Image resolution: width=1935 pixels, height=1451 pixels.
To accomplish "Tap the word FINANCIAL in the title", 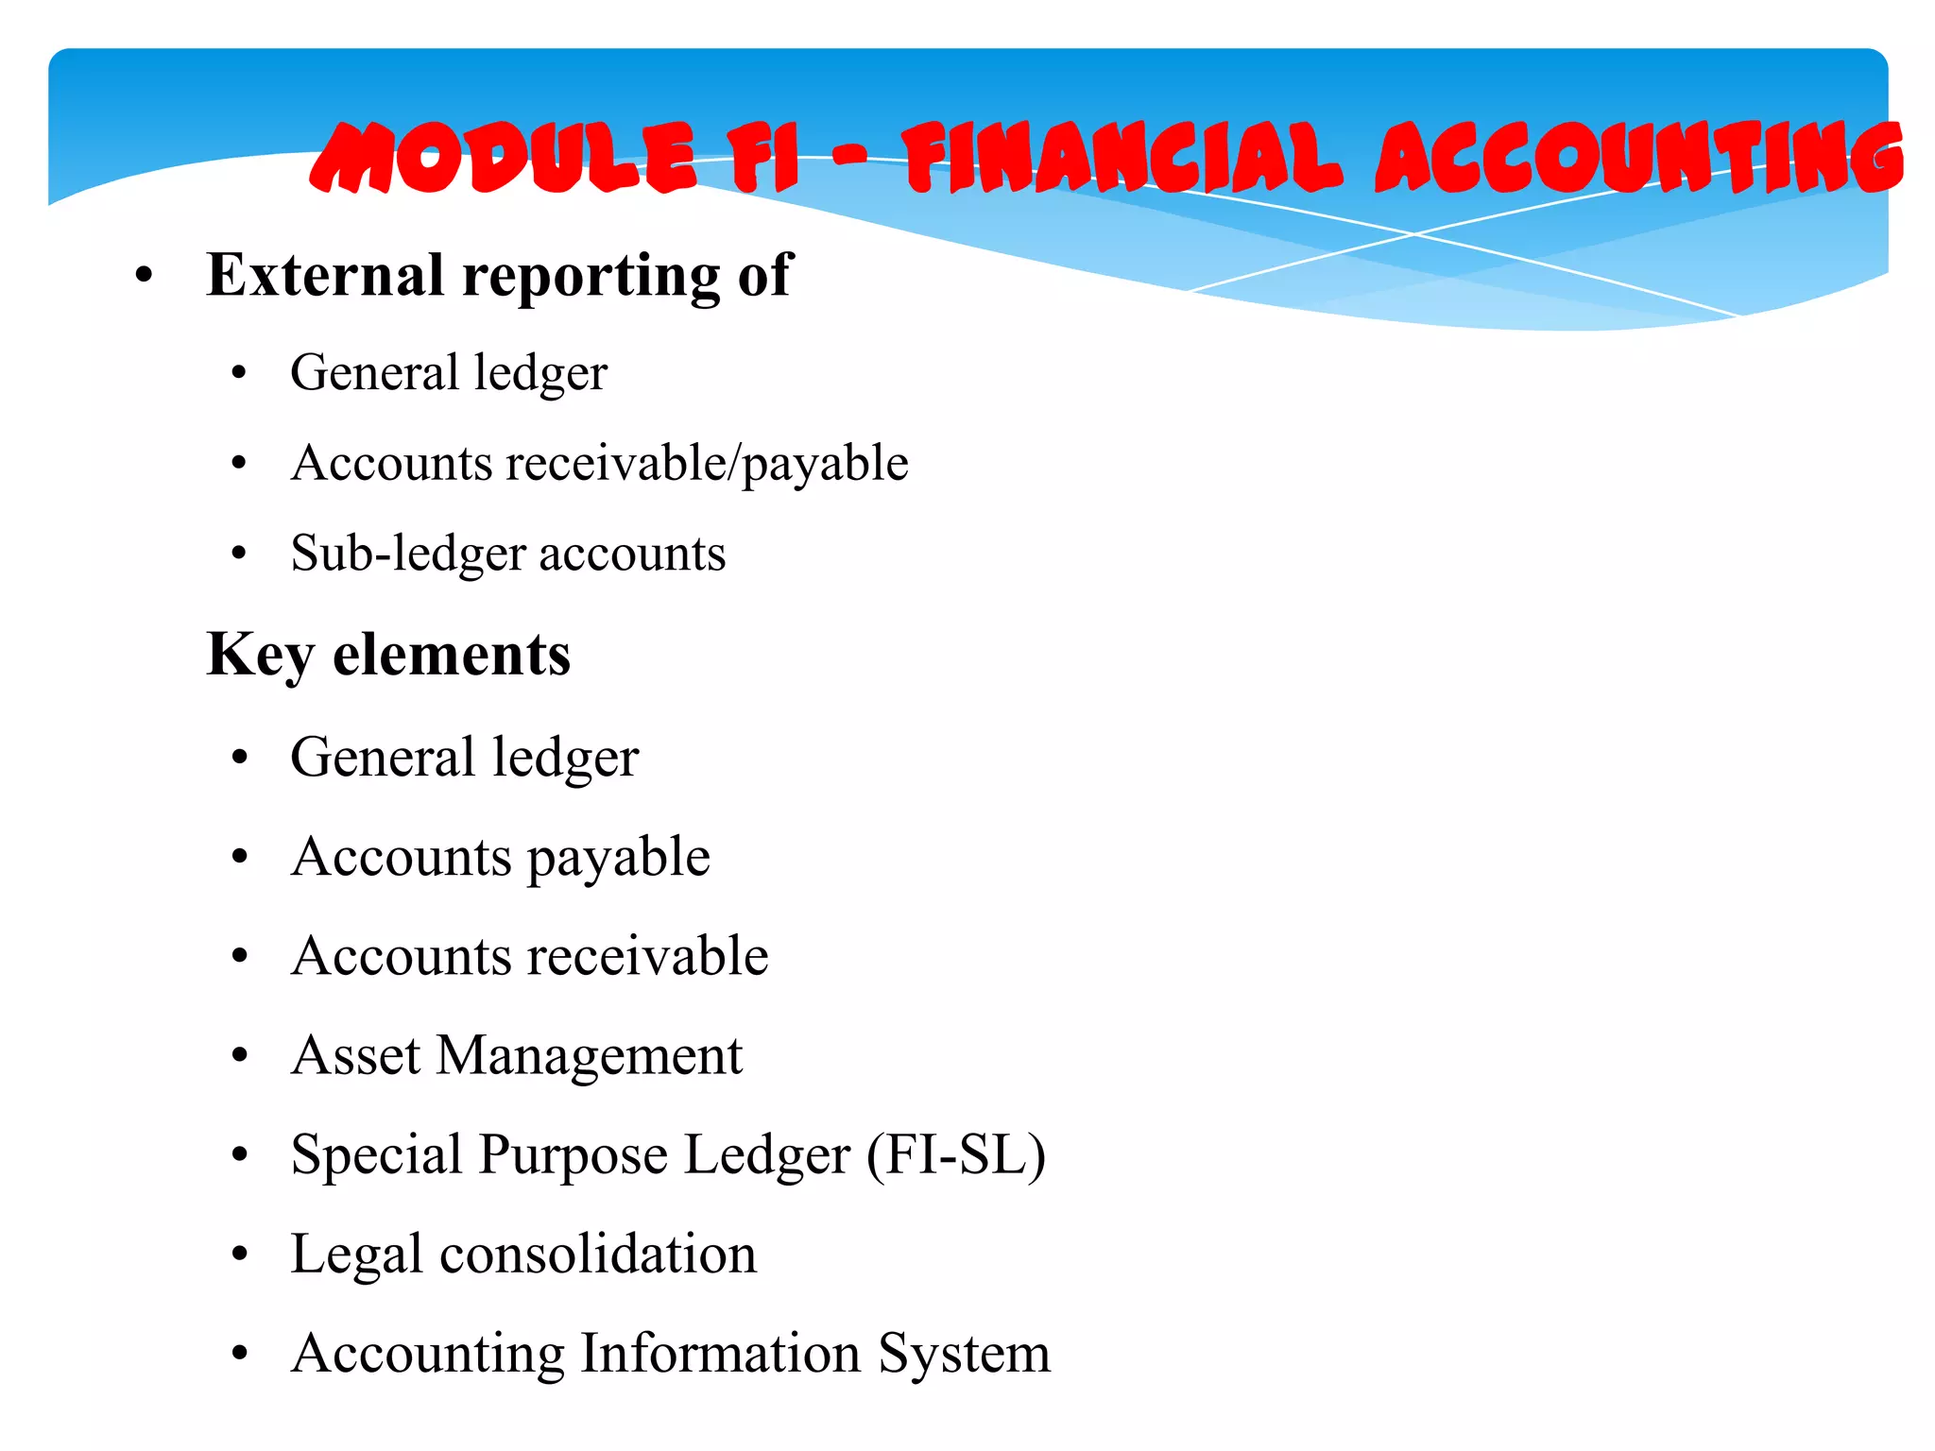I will (x=1121, y=158).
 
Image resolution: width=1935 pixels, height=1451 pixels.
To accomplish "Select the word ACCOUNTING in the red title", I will (x=1639, y=158).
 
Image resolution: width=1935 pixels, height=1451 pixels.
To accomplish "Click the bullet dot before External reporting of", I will (x=144, y=277).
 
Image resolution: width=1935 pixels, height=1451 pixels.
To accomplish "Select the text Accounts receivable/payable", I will (x=600, y=464).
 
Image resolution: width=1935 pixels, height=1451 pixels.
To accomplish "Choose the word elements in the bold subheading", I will (x=452, y=655).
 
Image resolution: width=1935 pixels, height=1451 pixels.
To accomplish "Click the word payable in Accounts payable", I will (x=618, y=859).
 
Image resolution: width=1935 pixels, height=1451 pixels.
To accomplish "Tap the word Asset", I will (x=355, y=1055).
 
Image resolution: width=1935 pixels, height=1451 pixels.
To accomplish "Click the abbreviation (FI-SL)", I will (x=956, y=1155).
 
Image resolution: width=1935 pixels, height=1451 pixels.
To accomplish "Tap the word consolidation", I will (x=598, y=1255).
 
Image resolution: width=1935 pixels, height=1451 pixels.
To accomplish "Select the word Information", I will (x=720, y=1354).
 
